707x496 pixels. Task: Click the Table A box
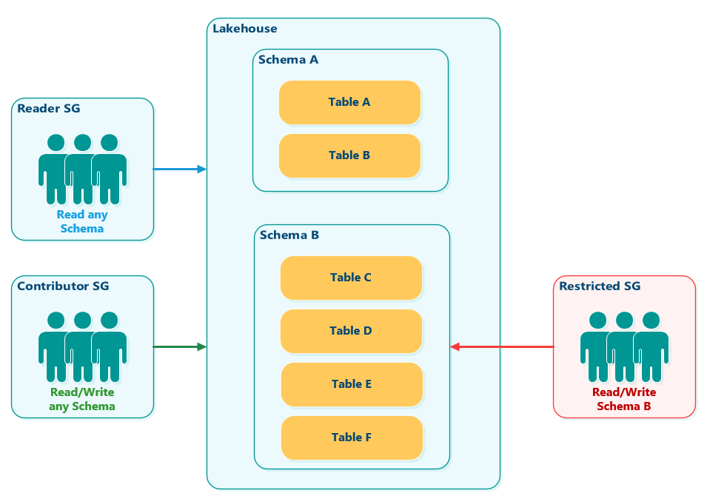349,102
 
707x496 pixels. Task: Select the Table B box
349,155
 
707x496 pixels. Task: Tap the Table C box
351,278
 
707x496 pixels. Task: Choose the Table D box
351,331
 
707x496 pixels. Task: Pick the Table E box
352,384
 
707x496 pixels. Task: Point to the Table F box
352,438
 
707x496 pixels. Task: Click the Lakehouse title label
244,29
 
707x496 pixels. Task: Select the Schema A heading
288,60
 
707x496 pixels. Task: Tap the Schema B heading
289,235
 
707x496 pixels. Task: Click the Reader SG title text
48,109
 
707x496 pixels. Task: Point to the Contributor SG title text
63,286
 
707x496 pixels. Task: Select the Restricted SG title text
600,286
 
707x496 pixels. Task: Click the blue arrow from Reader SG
179,170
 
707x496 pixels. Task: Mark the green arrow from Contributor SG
179,346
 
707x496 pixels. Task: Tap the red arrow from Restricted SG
502,346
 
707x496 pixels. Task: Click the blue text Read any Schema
82,222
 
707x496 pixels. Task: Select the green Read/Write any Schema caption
82,399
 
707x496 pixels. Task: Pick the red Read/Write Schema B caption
624,399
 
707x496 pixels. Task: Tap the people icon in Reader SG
82,169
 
